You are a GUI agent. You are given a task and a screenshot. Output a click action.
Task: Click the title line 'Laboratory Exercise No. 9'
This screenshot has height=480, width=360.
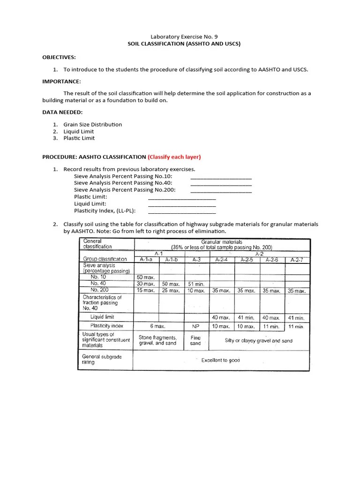(184, 36)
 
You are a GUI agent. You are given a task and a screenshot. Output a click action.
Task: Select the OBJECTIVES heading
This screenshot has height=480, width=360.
(59, 57)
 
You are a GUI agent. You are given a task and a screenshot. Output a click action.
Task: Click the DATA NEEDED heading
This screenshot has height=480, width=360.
(63, 112)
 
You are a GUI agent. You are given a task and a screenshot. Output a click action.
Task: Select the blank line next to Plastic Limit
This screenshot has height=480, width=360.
(182, 197)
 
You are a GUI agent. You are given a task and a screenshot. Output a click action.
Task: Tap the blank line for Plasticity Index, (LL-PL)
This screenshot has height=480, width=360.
(182, 211)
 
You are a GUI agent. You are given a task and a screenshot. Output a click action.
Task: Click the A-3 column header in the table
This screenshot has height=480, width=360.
(196, 259)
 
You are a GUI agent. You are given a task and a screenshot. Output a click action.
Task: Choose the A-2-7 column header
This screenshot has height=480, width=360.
(297, 259)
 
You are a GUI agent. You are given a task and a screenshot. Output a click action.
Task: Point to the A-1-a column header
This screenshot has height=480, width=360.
(146, 259)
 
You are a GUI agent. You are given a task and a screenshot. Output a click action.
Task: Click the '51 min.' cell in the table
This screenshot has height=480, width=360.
(196, 284)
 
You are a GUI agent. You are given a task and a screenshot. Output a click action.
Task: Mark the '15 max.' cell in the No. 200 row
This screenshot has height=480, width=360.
(146, 291)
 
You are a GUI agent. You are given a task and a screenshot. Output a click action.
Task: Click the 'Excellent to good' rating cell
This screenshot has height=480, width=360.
(220, 360)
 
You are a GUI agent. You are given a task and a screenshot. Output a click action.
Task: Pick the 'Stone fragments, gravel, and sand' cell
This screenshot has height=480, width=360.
(158, 340)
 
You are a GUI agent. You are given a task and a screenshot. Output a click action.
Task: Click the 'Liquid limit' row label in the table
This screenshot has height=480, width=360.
(103, 317)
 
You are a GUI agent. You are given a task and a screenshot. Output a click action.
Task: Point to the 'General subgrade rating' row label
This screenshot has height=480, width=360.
(102, 360)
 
